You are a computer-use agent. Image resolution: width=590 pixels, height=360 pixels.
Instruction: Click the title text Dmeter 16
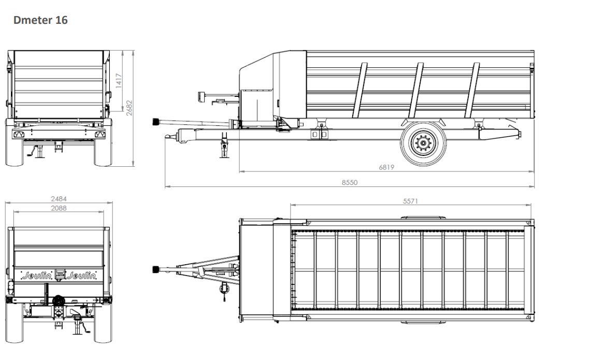[40, 20]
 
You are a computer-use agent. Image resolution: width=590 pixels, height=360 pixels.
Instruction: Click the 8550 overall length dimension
[350, 182]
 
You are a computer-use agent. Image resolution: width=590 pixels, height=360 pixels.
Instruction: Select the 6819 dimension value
[386, 167]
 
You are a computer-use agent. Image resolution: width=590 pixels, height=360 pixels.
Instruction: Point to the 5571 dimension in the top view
[411, 201]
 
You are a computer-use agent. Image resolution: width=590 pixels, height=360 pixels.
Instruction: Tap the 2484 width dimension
[59, 198]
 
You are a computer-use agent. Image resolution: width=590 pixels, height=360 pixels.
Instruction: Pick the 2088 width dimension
[59, 208]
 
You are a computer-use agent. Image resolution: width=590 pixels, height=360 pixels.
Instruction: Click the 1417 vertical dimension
[119, 81]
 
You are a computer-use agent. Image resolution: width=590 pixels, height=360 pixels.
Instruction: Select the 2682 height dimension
[129, 108]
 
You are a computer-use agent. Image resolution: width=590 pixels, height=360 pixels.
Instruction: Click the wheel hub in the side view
[423, 143]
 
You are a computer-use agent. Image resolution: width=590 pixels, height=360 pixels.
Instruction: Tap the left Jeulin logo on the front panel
[36, 276]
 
